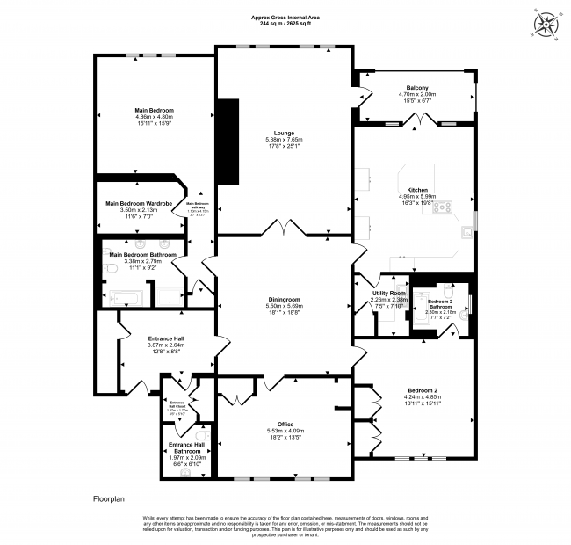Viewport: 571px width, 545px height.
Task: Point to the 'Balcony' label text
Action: [x=417, y=88]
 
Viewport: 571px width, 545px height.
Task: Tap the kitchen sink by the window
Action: [x=469, y=233]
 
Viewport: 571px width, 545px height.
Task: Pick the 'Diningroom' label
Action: [x=284, y=299]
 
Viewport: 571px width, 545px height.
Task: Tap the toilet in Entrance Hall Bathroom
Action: [x=200, y=436]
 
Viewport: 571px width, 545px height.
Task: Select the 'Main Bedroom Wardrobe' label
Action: [x=136, y=204]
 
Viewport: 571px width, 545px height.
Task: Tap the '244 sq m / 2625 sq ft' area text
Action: [x=285, y=24]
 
